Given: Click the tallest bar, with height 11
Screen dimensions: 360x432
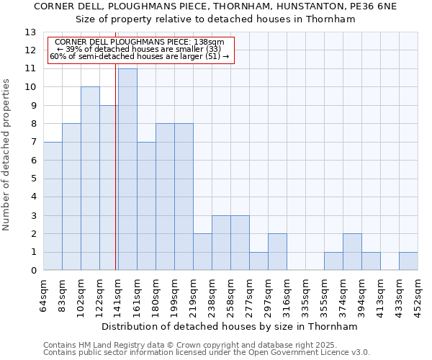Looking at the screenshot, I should tap(127, 169).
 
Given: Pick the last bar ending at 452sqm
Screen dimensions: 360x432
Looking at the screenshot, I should tap(408, 261).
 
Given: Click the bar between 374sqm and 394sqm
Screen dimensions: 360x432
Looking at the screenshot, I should tap(352, 252).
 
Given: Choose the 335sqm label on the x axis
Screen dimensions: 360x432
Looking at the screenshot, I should tap(306, 294).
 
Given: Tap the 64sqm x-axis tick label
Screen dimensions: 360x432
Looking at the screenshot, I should tap(44, 294).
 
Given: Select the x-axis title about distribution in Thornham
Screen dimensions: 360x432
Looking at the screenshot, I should tap(230, 326).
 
